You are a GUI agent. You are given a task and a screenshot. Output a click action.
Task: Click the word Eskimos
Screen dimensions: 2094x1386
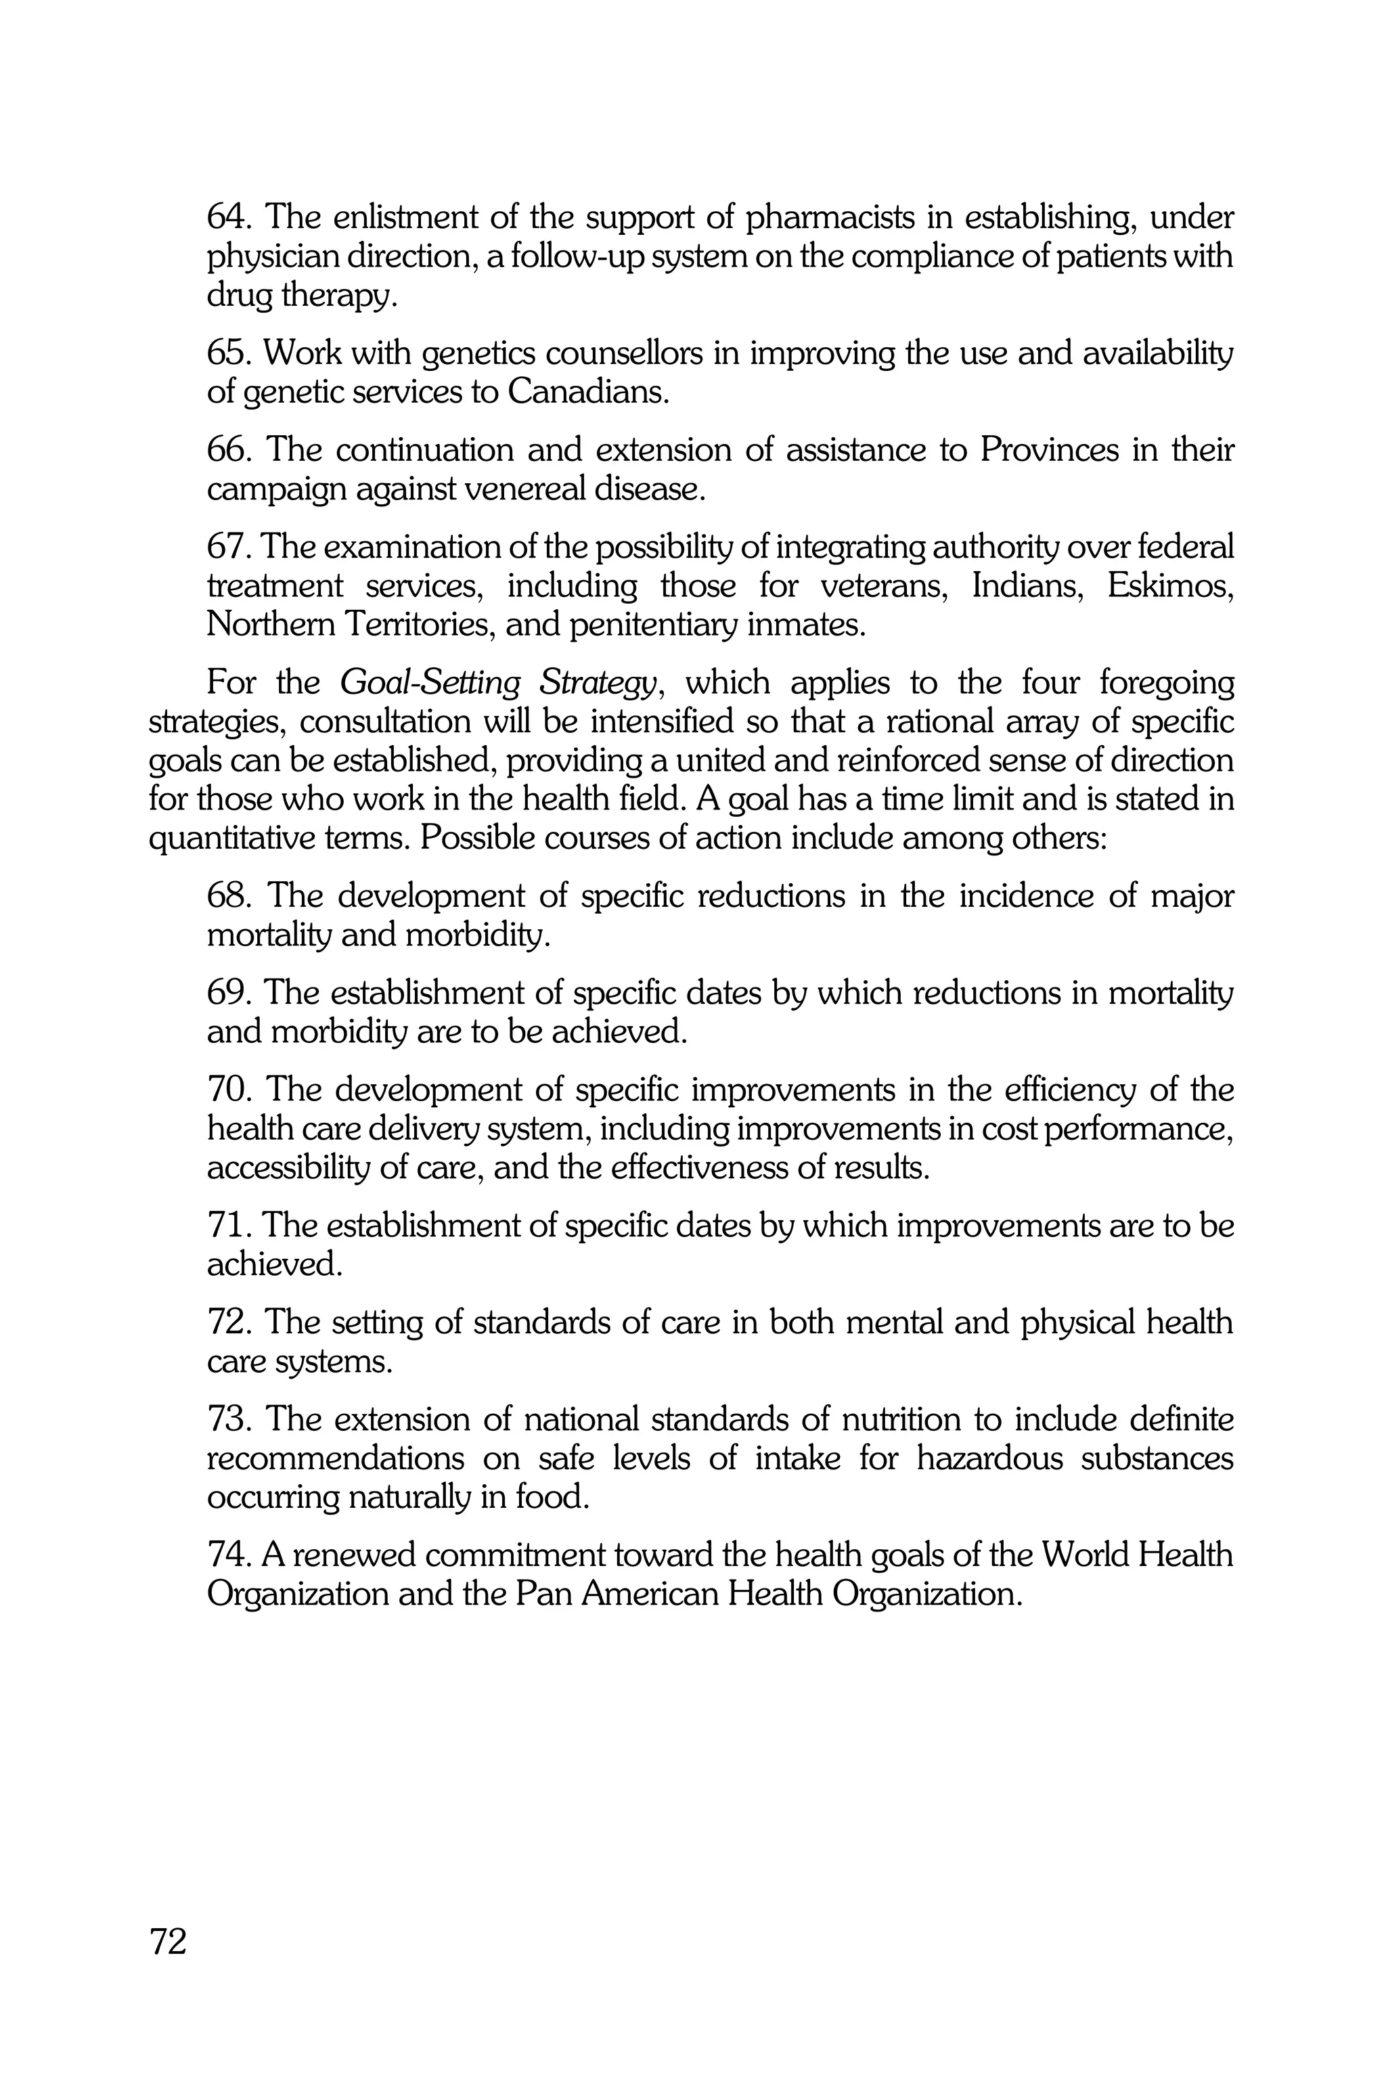click(1169, 586)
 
